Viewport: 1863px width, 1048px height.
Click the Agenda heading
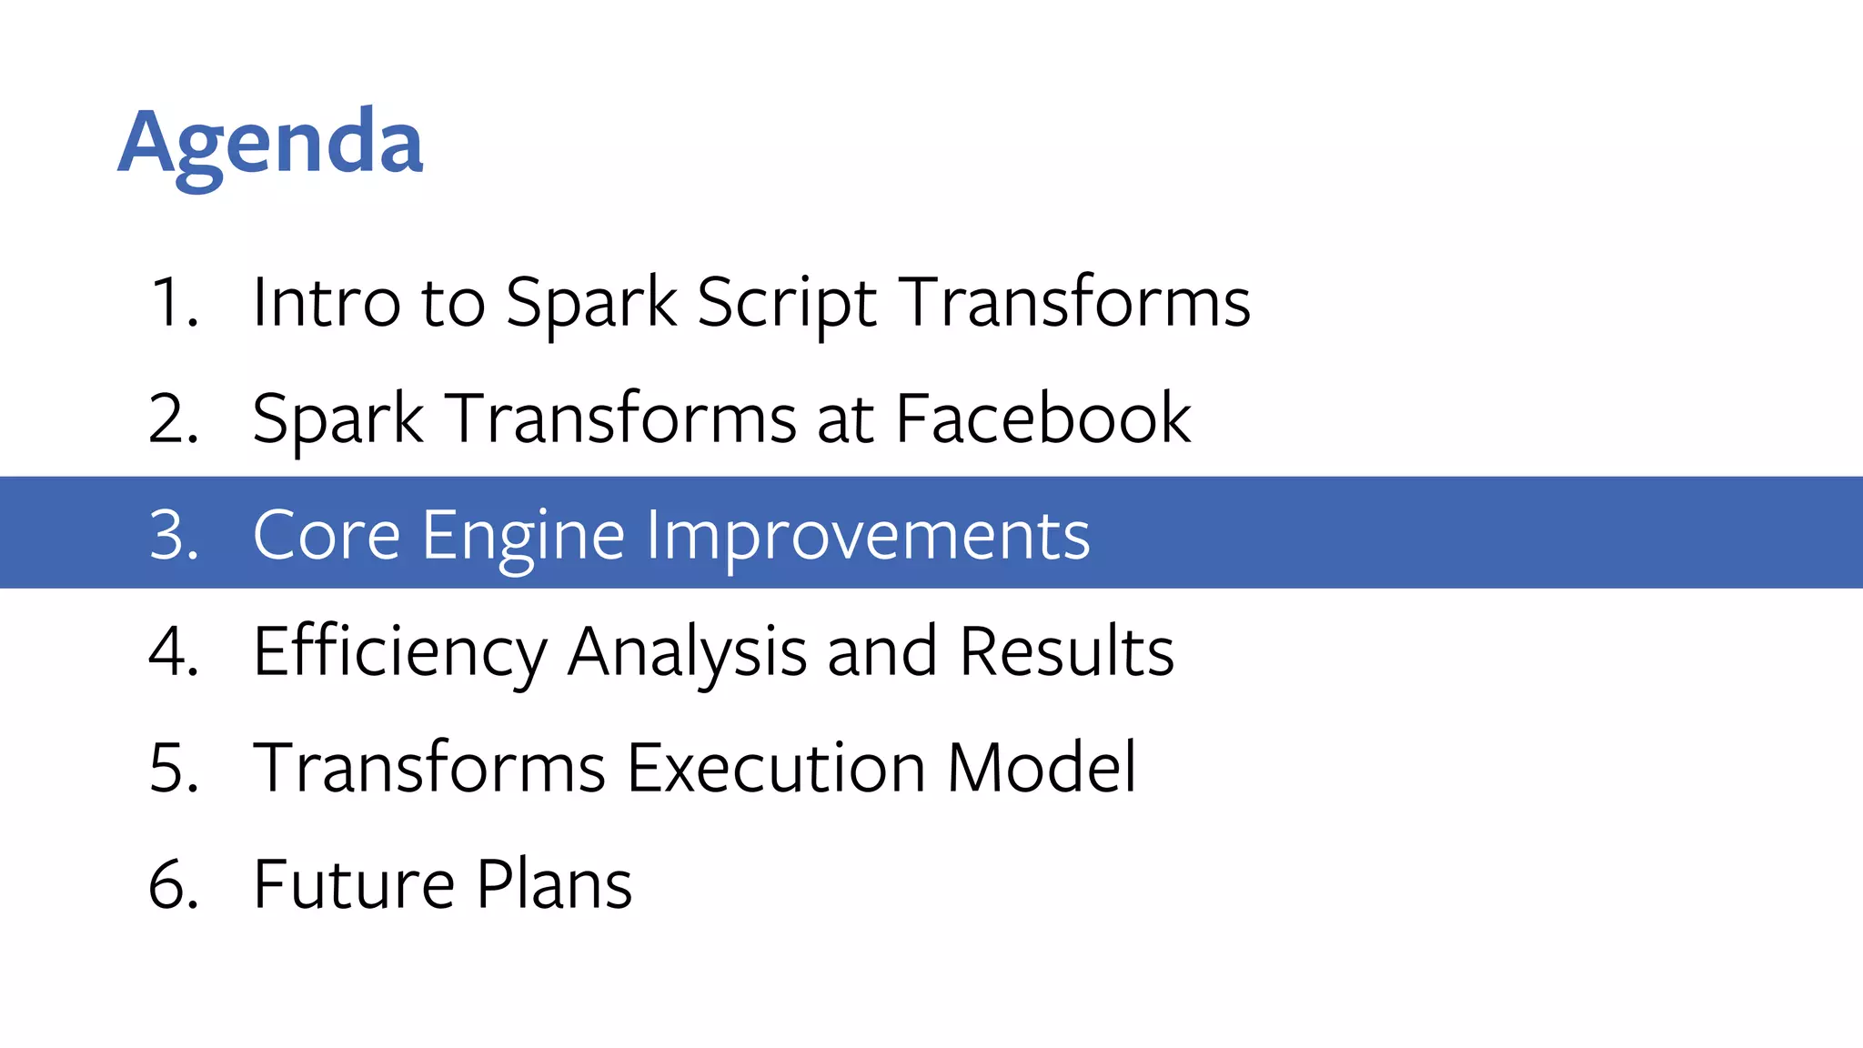point(270,144)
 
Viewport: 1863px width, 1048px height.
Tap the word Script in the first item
point(787,302)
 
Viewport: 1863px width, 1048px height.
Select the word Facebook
point(1043,418)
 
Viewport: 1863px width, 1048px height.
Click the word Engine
point(523,535)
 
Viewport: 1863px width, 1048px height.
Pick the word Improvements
point(868,535)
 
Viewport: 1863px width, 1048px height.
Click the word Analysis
point(687,651)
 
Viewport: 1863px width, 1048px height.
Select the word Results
point(1067,651)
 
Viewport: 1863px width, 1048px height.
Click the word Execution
point(776,768)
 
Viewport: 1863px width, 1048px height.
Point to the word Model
point(1042,768)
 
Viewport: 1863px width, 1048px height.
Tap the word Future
point(354,884)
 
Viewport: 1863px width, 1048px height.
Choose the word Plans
point(554,884)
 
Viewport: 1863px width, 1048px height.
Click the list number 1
point(173,302)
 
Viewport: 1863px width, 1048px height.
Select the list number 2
point(173,418)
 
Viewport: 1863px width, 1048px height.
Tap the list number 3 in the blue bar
point(173,535)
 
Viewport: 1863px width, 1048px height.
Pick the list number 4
point(173,651)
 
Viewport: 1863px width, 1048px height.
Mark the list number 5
point(173,768)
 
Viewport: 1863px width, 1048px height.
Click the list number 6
point(173,884)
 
